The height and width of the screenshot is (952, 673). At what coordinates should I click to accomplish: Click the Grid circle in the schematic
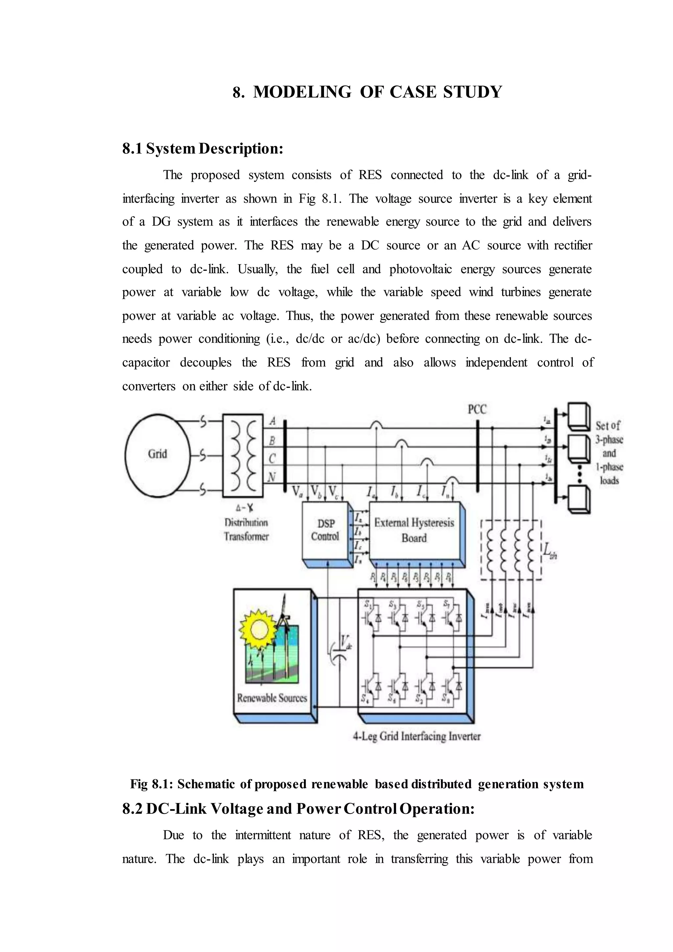pos(157,455)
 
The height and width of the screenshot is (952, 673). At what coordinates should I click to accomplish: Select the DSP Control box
pos(325,530)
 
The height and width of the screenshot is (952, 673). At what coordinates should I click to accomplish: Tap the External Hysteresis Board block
pos(414,530)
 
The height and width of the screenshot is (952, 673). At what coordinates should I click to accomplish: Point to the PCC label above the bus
pos(477,409)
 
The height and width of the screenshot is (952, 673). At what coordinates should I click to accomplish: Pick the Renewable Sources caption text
pos(272,698)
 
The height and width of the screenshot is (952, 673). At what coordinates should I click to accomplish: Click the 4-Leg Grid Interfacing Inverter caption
pos(416,736)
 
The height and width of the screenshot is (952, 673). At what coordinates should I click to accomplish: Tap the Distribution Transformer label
pos(246,530)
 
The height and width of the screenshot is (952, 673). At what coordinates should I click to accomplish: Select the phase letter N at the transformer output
pos(271,478)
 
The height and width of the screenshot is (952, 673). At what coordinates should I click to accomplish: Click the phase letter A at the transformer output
pos(272,421)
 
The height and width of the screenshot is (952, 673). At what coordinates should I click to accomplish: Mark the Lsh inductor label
pos(550,552)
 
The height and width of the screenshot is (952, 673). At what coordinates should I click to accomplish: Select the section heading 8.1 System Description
pos(203,149)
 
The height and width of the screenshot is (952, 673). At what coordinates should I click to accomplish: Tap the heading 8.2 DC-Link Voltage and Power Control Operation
pos(298,809)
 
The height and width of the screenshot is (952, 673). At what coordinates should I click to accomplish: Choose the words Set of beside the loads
pos(608,425)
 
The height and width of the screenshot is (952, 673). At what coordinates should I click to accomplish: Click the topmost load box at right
pos(578,416)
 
